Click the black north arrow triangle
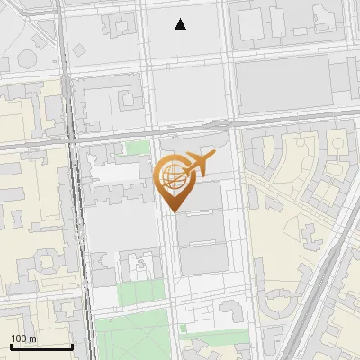(181, 24)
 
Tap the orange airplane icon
(199, 164)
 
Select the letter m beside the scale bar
(32, 338)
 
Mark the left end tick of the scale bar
(11, 346)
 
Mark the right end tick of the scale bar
(71, 346)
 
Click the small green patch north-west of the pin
(137, 148)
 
